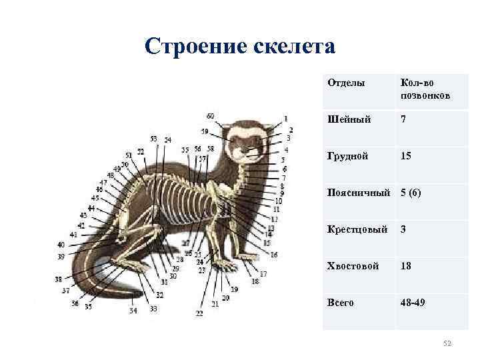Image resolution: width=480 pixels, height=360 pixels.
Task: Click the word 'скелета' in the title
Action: click(294, 47)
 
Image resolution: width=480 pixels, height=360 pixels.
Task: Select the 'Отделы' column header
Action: click(346, 83)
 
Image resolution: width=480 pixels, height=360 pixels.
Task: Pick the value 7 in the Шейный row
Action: click(403, 119)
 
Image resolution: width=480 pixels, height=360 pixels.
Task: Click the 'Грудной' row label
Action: click(347, 157)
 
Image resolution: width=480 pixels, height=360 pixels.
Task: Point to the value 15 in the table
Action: click(405, 157)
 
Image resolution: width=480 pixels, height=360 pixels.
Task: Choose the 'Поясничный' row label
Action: click(359, 193)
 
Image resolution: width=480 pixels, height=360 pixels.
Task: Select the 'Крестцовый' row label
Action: click(357, 229)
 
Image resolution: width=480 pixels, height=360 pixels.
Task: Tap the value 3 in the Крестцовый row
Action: click(403, 229)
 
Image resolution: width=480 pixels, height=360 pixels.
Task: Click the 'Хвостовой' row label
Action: click(353, 266)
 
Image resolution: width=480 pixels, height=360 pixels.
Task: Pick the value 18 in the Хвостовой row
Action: click(405, 266)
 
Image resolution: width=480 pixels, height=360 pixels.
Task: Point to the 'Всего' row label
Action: click(341, 303)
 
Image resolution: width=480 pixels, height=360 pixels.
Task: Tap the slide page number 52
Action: click(447, 343)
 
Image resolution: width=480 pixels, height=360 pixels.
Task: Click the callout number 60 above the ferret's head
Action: click(211, 115)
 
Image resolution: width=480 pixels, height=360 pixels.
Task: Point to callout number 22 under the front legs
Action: click(199, 313)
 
